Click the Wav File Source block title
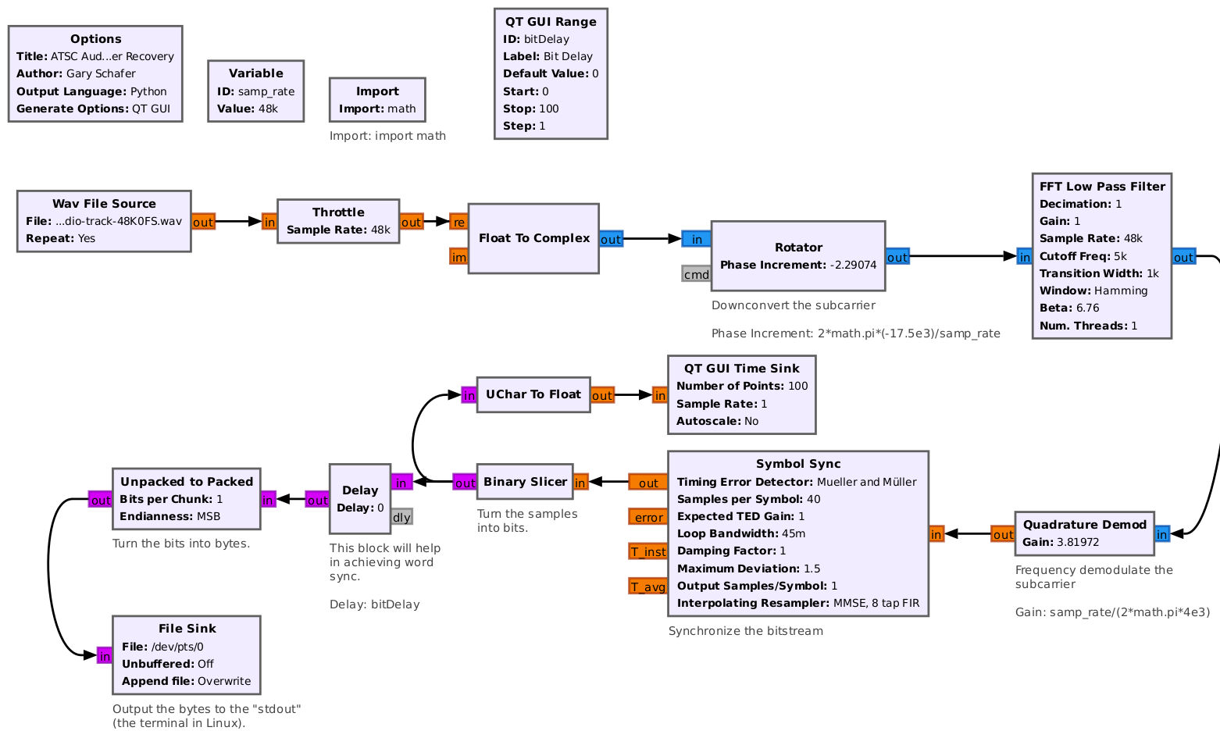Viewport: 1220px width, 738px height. point(104,204)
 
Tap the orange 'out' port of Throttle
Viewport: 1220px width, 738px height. point(411,222)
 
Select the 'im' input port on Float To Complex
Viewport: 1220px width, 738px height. point(458,256)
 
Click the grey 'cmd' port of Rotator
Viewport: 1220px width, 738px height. point(696,274)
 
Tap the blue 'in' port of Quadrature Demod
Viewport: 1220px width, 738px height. point(1161,534)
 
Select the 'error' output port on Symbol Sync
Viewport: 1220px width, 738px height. point(648,517)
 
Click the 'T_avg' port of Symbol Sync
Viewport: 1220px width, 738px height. point(648,586)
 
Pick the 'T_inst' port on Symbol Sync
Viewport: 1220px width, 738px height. point(648,552)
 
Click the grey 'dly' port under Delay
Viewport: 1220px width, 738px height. point(401,517)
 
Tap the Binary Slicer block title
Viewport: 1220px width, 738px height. point(525,482)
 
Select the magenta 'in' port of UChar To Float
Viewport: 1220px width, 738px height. point(469,395)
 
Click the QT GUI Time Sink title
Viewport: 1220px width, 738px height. point(741,369)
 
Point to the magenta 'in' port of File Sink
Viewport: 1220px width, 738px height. point(105,656)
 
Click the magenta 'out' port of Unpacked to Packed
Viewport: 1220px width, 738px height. point(100,500)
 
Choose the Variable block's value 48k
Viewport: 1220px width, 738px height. point(268,109)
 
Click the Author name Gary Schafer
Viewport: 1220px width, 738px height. point(101,73)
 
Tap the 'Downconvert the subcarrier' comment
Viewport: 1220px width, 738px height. point(793,305)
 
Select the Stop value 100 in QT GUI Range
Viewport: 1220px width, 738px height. point(549,109)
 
